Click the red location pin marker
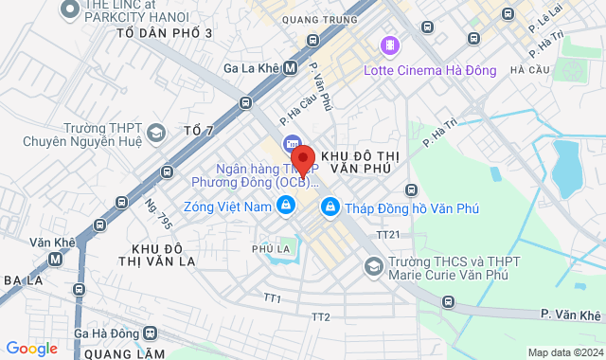302,158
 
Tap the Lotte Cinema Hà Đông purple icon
388,45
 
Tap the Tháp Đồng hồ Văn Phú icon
330,205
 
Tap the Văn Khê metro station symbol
69,242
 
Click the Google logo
31,349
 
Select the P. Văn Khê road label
571,314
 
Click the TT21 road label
388,234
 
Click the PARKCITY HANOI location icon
69,9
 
